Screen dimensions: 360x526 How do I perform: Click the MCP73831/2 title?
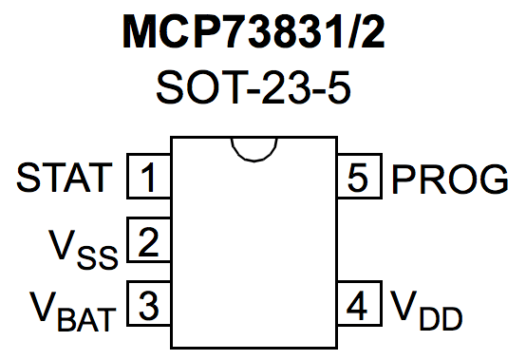point(262,34)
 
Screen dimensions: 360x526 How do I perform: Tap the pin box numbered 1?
point(148,177)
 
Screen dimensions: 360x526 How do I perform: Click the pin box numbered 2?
point(148,242)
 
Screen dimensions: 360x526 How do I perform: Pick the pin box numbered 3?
point(148,306)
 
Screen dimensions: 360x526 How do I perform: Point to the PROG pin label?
point(449,178)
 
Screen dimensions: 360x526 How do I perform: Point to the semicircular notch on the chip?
point(253,147)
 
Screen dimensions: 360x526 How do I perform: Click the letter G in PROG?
point(491,178)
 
